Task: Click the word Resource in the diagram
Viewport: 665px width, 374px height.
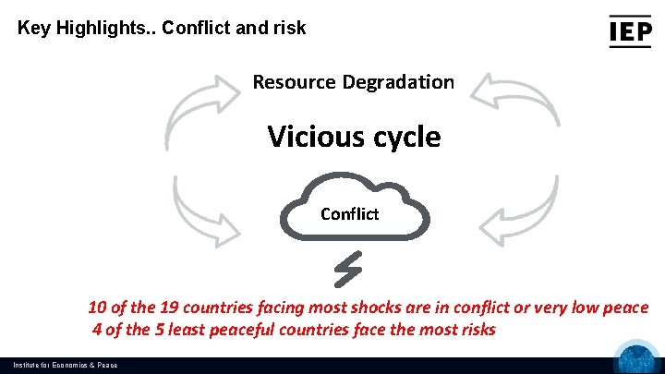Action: [x=294, y=81]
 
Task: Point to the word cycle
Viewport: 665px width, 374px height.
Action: [x=400, y=138]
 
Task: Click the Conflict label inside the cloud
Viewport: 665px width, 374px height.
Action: [x=349, y=214]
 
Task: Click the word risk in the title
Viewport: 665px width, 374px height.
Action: [x=287, y=28]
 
